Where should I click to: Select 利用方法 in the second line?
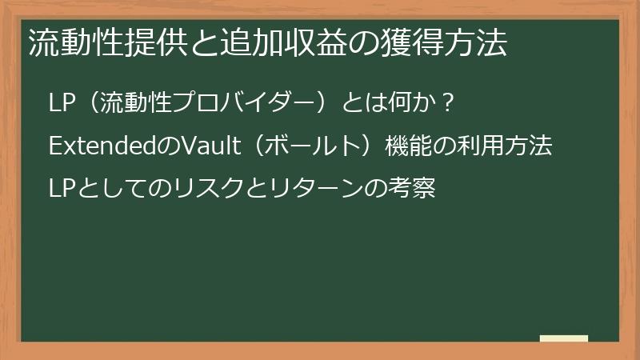pos(505,147)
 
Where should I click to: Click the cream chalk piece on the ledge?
pos(564,338)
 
